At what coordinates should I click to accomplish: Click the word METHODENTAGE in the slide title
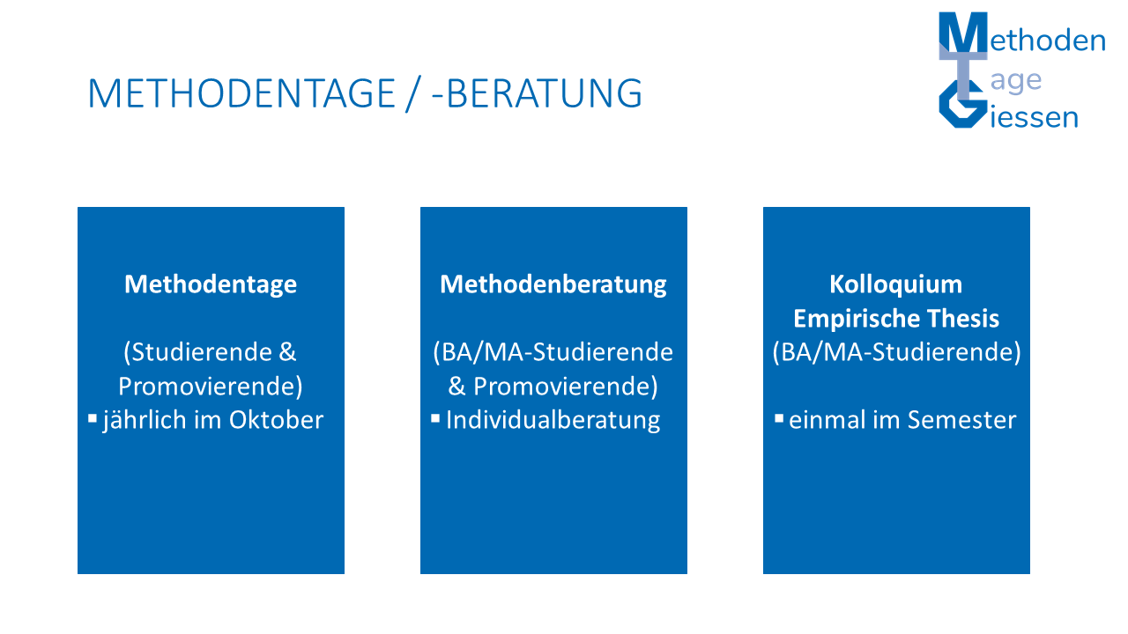[x=241, y=93]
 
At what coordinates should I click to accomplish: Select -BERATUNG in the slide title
[x=537, y=93]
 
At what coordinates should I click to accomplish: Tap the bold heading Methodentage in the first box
[x=211, y=284]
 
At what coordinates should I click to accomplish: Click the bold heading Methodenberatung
[x=553, y=284]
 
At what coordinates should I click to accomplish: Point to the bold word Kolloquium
[x=896, y=284]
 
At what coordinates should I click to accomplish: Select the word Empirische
[x=857, y=319]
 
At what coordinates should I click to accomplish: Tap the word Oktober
[x=276, y=420]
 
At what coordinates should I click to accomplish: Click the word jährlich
[x=145, y=421]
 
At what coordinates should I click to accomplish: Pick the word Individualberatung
[x=553, y=421]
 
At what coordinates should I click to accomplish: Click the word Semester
[x=961, y=420]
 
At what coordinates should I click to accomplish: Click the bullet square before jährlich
[x=93, y=418]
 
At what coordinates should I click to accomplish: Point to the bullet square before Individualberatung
[x=435, y=418]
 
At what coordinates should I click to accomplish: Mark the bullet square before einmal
[x=779, y=418]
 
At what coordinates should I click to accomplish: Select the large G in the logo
[x=961, y=106]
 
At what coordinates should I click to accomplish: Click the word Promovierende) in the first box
[x=211, y=387]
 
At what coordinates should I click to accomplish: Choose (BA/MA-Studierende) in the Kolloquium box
[x=896, y=352]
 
